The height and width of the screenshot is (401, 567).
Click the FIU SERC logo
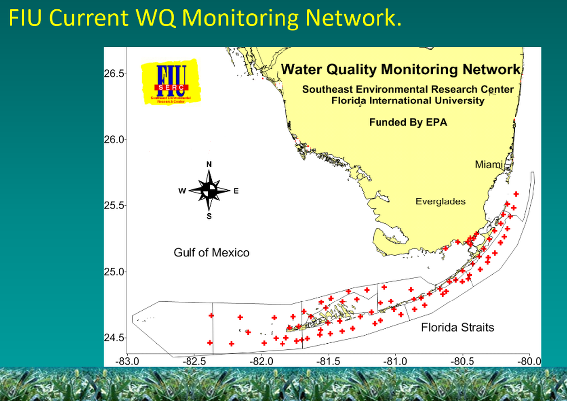point(171,82)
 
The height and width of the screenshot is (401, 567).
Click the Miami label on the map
point(489,164)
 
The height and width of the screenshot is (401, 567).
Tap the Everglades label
point(440,201)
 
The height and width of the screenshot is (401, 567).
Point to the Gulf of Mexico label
point(211,253)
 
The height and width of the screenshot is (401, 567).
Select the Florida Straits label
point(458,327)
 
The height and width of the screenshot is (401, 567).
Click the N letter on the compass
point(209,165)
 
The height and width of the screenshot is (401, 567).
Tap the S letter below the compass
point(209,216)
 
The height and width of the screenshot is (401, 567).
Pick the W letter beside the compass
point(183,191)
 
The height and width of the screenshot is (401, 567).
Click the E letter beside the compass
point(236,191)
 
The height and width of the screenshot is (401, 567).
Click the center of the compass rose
point(209,190)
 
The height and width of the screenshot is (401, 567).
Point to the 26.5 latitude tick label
point(114,74)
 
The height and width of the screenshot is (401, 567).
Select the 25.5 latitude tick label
point(114,205)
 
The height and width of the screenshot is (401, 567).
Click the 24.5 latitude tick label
point(114,338)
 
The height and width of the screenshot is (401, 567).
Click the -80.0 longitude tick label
point(530,361)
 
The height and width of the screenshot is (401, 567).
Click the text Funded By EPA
point(408,122)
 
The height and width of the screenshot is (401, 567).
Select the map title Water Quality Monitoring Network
point(401,69)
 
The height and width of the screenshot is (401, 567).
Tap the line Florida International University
point(408,100)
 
